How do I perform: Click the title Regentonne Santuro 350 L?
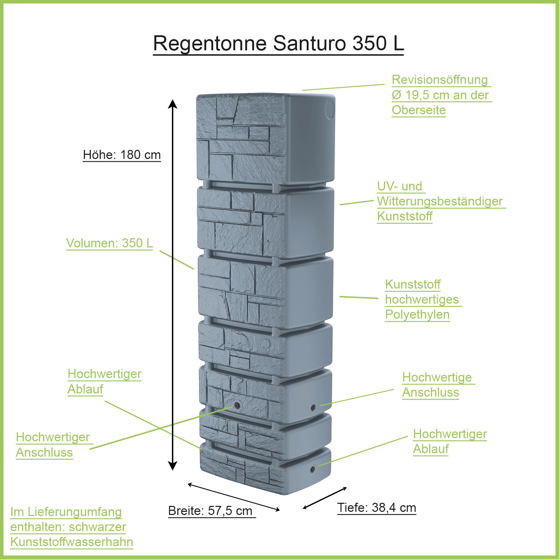(x=278, y=43)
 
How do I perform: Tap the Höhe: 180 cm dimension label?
(x=122, y=155)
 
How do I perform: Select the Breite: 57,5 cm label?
(x=210, y=511)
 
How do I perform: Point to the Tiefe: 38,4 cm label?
(x=377, y=508)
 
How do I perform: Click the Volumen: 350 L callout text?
(x=109, y=243)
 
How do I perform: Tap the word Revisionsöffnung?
(x=440, y=80)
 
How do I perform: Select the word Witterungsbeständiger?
(x=440, y=201)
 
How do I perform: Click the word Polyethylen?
(x=417, y=314)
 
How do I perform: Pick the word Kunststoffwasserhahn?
(x=72, y=542)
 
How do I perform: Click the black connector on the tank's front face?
(x=237, y=406)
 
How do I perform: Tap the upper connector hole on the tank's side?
(x=313, y=407)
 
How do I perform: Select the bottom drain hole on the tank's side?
(x=313, y=469)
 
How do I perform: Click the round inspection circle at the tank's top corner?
(x=329, y=109)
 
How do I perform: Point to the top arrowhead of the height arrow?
(x=173, y=104)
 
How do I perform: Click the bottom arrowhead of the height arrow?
(x=173, y=465)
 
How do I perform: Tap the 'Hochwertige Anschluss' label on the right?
(x=437, y=385)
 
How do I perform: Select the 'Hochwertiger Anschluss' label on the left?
(x=53, y=444)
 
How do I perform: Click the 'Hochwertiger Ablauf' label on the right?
(x=450, y=441)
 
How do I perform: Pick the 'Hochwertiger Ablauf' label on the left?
(x=104, y=381)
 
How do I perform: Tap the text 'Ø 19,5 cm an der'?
(x=440, y=95)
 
